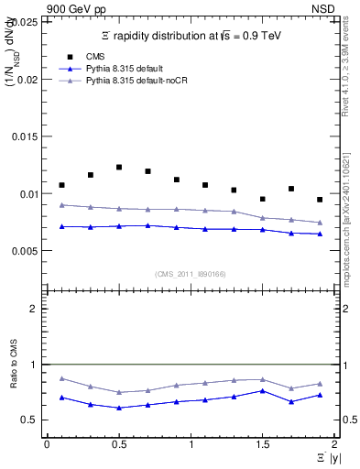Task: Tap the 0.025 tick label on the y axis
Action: [x=26, y=23]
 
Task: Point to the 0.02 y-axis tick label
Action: [x=28, y=80]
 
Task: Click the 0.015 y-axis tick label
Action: [x=26, y=136]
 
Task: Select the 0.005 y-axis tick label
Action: [x=26, y=250]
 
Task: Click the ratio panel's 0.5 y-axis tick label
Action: [x=32, y=420]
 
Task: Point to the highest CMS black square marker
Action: [x=119, y=167]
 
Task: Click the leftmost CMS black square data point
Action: [x=61, y=185]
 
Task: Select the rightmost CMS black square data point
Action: [x=320, y=199]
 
